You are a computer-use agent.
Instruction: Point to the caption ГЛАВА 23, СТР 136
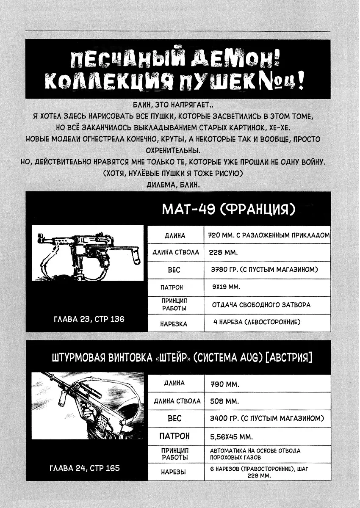click(x=89, y=319)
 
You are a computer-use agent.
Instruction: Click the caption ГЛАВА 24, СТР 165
click(x=85, y=468)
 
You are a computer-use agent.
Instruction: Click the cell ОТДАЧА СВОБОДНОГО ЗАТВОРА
click(x=261, y=304)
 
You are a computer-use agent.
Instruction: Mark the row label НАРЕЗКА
click(x=174, y=324)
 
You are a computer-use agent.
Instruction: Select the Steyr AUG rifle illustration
click(x=88, y=405)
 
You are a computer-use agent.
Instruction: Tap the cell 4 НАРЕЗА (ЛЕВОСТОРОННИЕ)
click(x=257, y=322)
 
